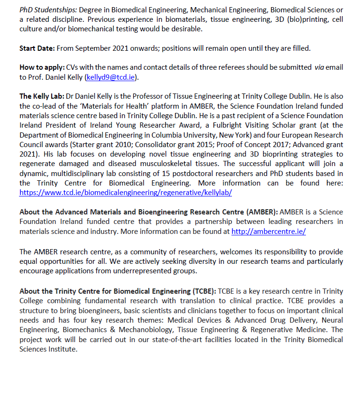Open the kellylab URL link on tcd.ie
pos(125,193)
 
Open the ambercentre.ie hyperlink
pos(268,231)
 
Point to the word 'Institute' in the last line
pos(62,349)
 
